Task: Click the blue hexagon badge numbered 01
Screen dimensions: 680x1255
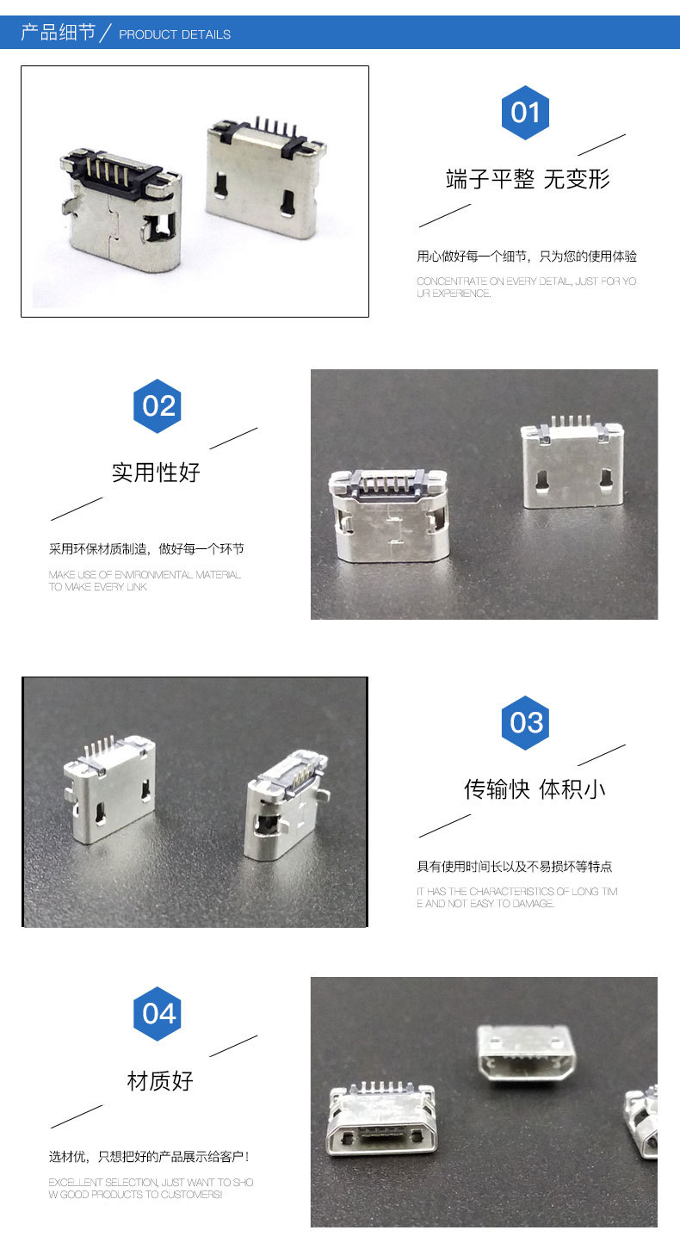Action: pos(525,113)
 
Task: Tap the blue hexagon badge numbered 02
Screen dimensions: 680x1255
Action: pos(158,406)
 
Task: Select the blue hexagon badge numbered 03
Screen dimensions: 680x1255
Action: pos(525,723)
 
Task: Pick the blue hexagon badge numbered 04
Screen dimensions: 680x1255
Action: pos(158,1013)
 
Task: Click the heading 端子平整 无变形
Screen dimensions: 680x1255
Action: pos(528,179)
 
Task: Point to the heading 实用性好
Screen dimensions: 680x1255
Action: pos(156,473)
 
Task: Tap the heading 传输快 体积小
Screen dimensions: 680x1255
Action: pos(535,789)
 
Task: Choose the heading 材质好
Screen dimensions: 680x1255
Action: pos(159,1081)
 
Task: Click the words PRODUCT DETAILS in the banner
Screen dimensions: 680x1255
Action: pos(175,34)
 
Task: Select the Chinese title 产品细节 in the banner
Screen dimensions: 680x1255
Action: pos(59,33)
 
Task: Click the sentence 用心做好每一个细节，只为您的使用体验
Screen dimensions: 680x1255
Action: pos(527,257)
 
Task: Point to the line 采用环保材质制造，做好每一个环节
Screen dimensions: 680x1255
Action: pos(146,549)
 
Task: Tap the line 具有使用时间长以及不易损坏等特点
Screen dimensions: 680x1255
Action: pos(514,867)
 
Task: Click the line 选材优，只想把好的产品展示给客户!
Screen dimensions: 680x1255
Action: pos(148,1157)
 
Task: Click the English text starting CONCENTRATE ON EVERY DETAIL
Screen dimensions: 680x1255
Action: pos(527,287)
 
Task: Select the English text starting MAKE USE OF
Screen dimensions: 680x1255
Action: pos(145,580)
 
